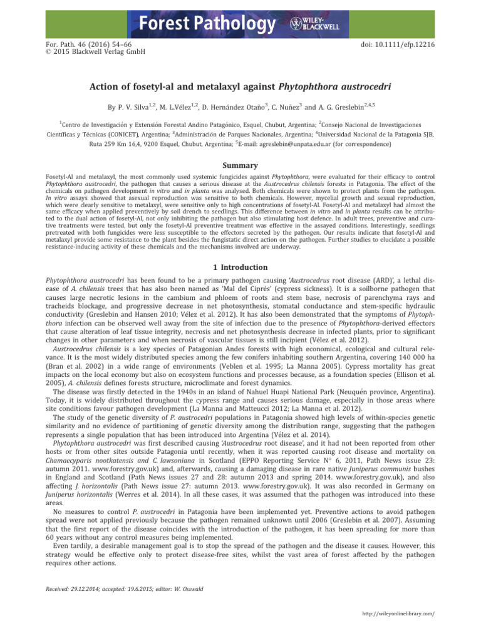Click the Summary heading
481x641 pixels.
coord(240,166)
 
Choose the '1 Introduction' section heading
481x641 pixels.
coord(240,269)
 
